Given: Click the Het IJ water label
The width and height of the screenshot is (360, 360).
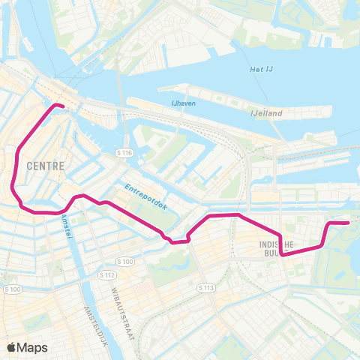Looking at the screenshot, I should pyautogui.click(x=259, y=70).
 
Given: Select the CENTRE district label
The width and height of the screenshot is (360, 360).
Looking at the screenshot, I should pyautogui.click(x=43, y=163).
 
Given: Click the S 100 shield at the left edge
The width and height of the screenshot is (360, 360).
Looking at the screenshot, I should pyautogui.click(x=12, y=289).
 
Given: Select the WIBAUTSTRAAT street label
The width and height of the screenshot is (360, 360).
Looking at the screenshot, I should pyautogui.click(x=120, y=301).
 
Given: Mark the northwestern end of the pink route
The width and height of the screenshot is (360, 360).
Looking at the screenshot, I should pyautogui.click(x=58, y=106).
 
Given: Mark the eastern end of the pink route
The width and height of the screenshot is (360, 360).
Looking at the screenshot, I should pyautogui.click(x=348, y=223).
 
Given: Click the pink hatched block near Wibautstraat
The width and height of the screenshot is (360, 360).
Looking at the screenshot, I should pyautogui.click(x=146, y=286).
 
